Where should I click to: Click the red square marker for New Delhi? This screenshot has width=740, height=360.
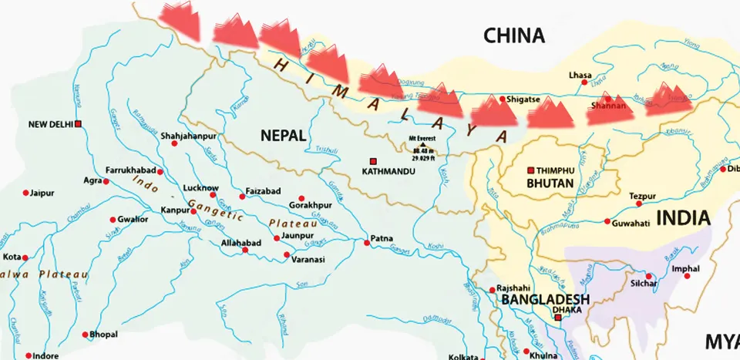pyautogui.click(x=79, y=123)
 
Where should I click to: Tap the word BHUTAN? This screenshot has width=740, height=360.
pyautogui.click(x=550, y=183)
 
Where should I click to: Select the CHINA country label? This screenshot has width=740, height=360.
pyautogui.click(x=513, y=35)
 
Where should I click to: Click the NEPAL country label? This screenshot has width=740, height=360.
pyautogui.click(x=283, y=136)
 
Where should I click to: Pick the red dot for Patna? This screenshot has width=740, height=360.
pyautogui.click(x=367, y=243)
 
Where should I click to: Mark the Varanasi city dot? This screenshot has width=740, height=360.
pyautogui.click(x=286, y=254)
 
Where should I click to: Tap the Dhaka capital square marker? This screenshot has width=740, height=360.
pyautogui.click(x=558, y=316)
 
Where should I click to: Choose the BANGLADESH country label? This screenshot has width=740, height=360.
pyautogui.click(x=545, y=300)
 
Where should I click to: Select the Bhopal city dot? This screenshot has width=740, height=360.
pyautogui.click(x=85, y=335)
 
